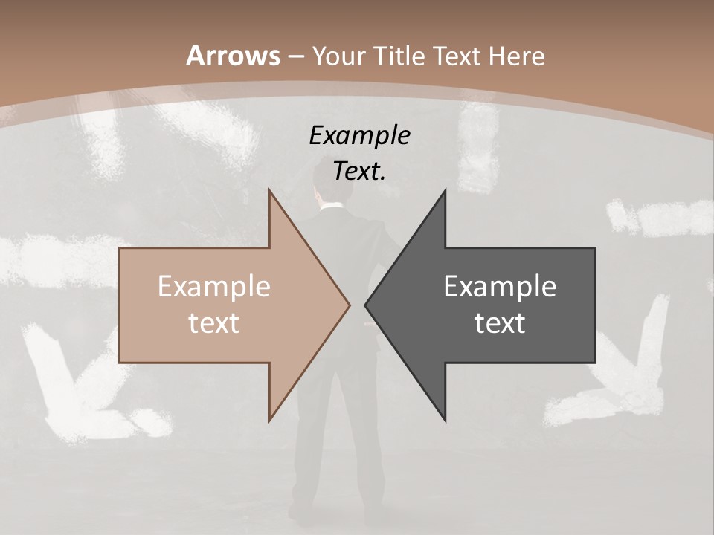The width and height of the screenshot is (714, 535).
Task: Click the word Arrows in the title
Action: pyautogui.click(x=233, y=56)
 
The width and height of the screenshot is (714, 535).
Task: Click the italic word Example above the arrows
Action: pyautogui.click(x=359, y=135)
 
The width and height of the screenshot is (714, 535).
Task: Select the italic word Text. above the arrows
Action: pyautogui.click(x=359, y=171)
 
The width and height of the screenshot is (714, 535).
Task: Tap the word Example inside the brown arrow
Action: pyautogui.click(x=214, y=287)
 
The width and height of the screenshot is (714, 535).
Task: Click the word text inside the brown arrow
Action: pyautogui.click(x=214, y=323)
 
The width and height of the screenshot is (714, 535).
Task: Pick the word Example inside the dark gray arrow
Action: pyautogui.click(x=500, y=287)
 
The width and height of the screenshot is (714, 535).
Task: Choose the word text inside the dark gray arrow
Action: pyautogui.click(x=500, y=323)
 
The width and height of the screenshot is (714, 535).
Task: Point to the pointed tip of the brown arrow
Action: pyautogui.click(x=349, y=305)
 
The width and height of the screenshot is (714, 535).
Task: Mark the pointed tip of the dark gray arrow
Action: pyautogui.click(x=366, y=305)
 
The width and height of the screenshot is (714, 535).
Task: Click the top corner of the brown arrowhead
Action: pyautogui.click(x=269, y=191)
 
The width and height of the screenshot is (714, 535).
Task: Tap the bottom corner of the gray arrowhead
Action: pyautogui.click(x=445, y=420)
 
